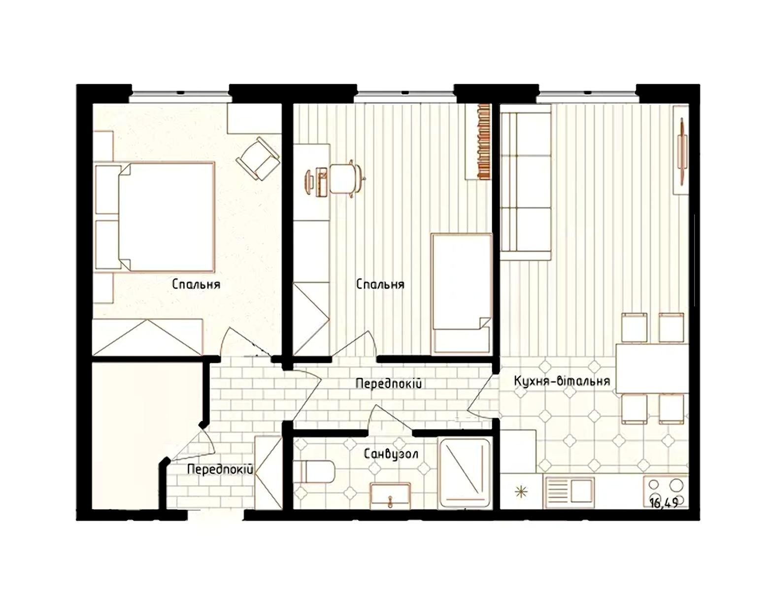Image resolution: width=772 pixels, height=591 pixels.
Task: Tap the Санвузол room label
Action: click(391, 454)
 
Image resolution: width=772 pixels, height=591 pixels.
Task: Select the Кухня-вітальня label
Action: click(562, 381)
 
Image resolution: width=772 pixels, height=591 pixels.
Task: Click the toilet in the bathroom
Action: click(315, 472)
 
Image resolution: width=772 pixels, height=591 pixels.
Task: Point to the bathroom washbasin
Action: click(390, 496)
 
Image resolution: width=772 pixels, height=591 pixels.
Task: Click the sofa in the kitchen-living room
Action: click(526, 182)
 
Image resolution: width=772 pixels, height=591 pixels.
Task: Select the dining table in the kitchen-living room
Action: click(652, 368)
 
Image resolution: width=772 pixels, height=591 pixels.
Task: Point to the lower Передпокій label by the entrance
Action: click(220, 469)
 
